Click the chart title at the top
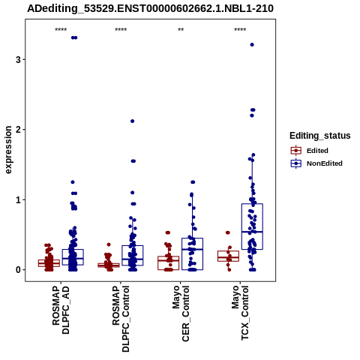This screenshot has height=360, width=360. click(150, 8)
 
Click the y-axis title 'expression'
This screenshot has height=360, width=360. click(8, 150)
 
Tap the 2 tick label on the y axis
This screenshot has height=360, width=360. click(19, 130)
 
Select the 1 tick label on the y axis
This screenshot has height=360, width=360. click(19, 200)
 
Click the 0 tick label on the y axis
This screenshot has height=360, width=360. click(19, 270)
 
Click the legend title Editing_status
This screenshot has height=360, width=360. click(320, 136)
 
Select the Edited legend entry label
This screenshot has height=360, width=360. click(317, 151)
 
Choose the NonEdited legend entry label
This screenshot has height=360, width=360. click(325, 163)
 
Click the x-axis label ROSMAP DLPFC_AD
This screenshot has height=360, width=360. click(61, 310)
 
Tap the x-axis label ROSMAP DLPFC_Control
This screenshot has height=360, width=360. click(121, 319)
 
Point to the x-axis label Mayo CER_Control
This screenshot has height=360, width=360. click(181, 313)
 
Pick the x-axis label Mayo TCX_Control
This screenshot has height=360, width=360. click(241, 313)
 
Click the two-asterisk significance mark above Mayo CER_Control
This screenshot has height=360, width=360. click(181, 30)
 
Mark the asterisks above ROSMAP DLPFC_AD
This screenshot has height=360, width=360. click(61, 30)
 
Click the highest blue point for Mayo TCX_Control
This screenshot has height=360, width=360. click(252, 45)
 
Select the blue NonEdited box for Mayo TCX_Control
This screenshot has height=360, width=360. click(252, 226)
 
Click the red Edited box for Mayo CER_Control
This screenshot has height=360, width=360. click(168, 263)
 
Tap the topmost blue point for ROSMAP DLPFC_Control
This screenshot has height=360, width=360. click(133, 121)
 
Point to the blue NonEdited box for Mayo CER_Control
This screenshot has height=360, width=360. click(192, 254)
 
